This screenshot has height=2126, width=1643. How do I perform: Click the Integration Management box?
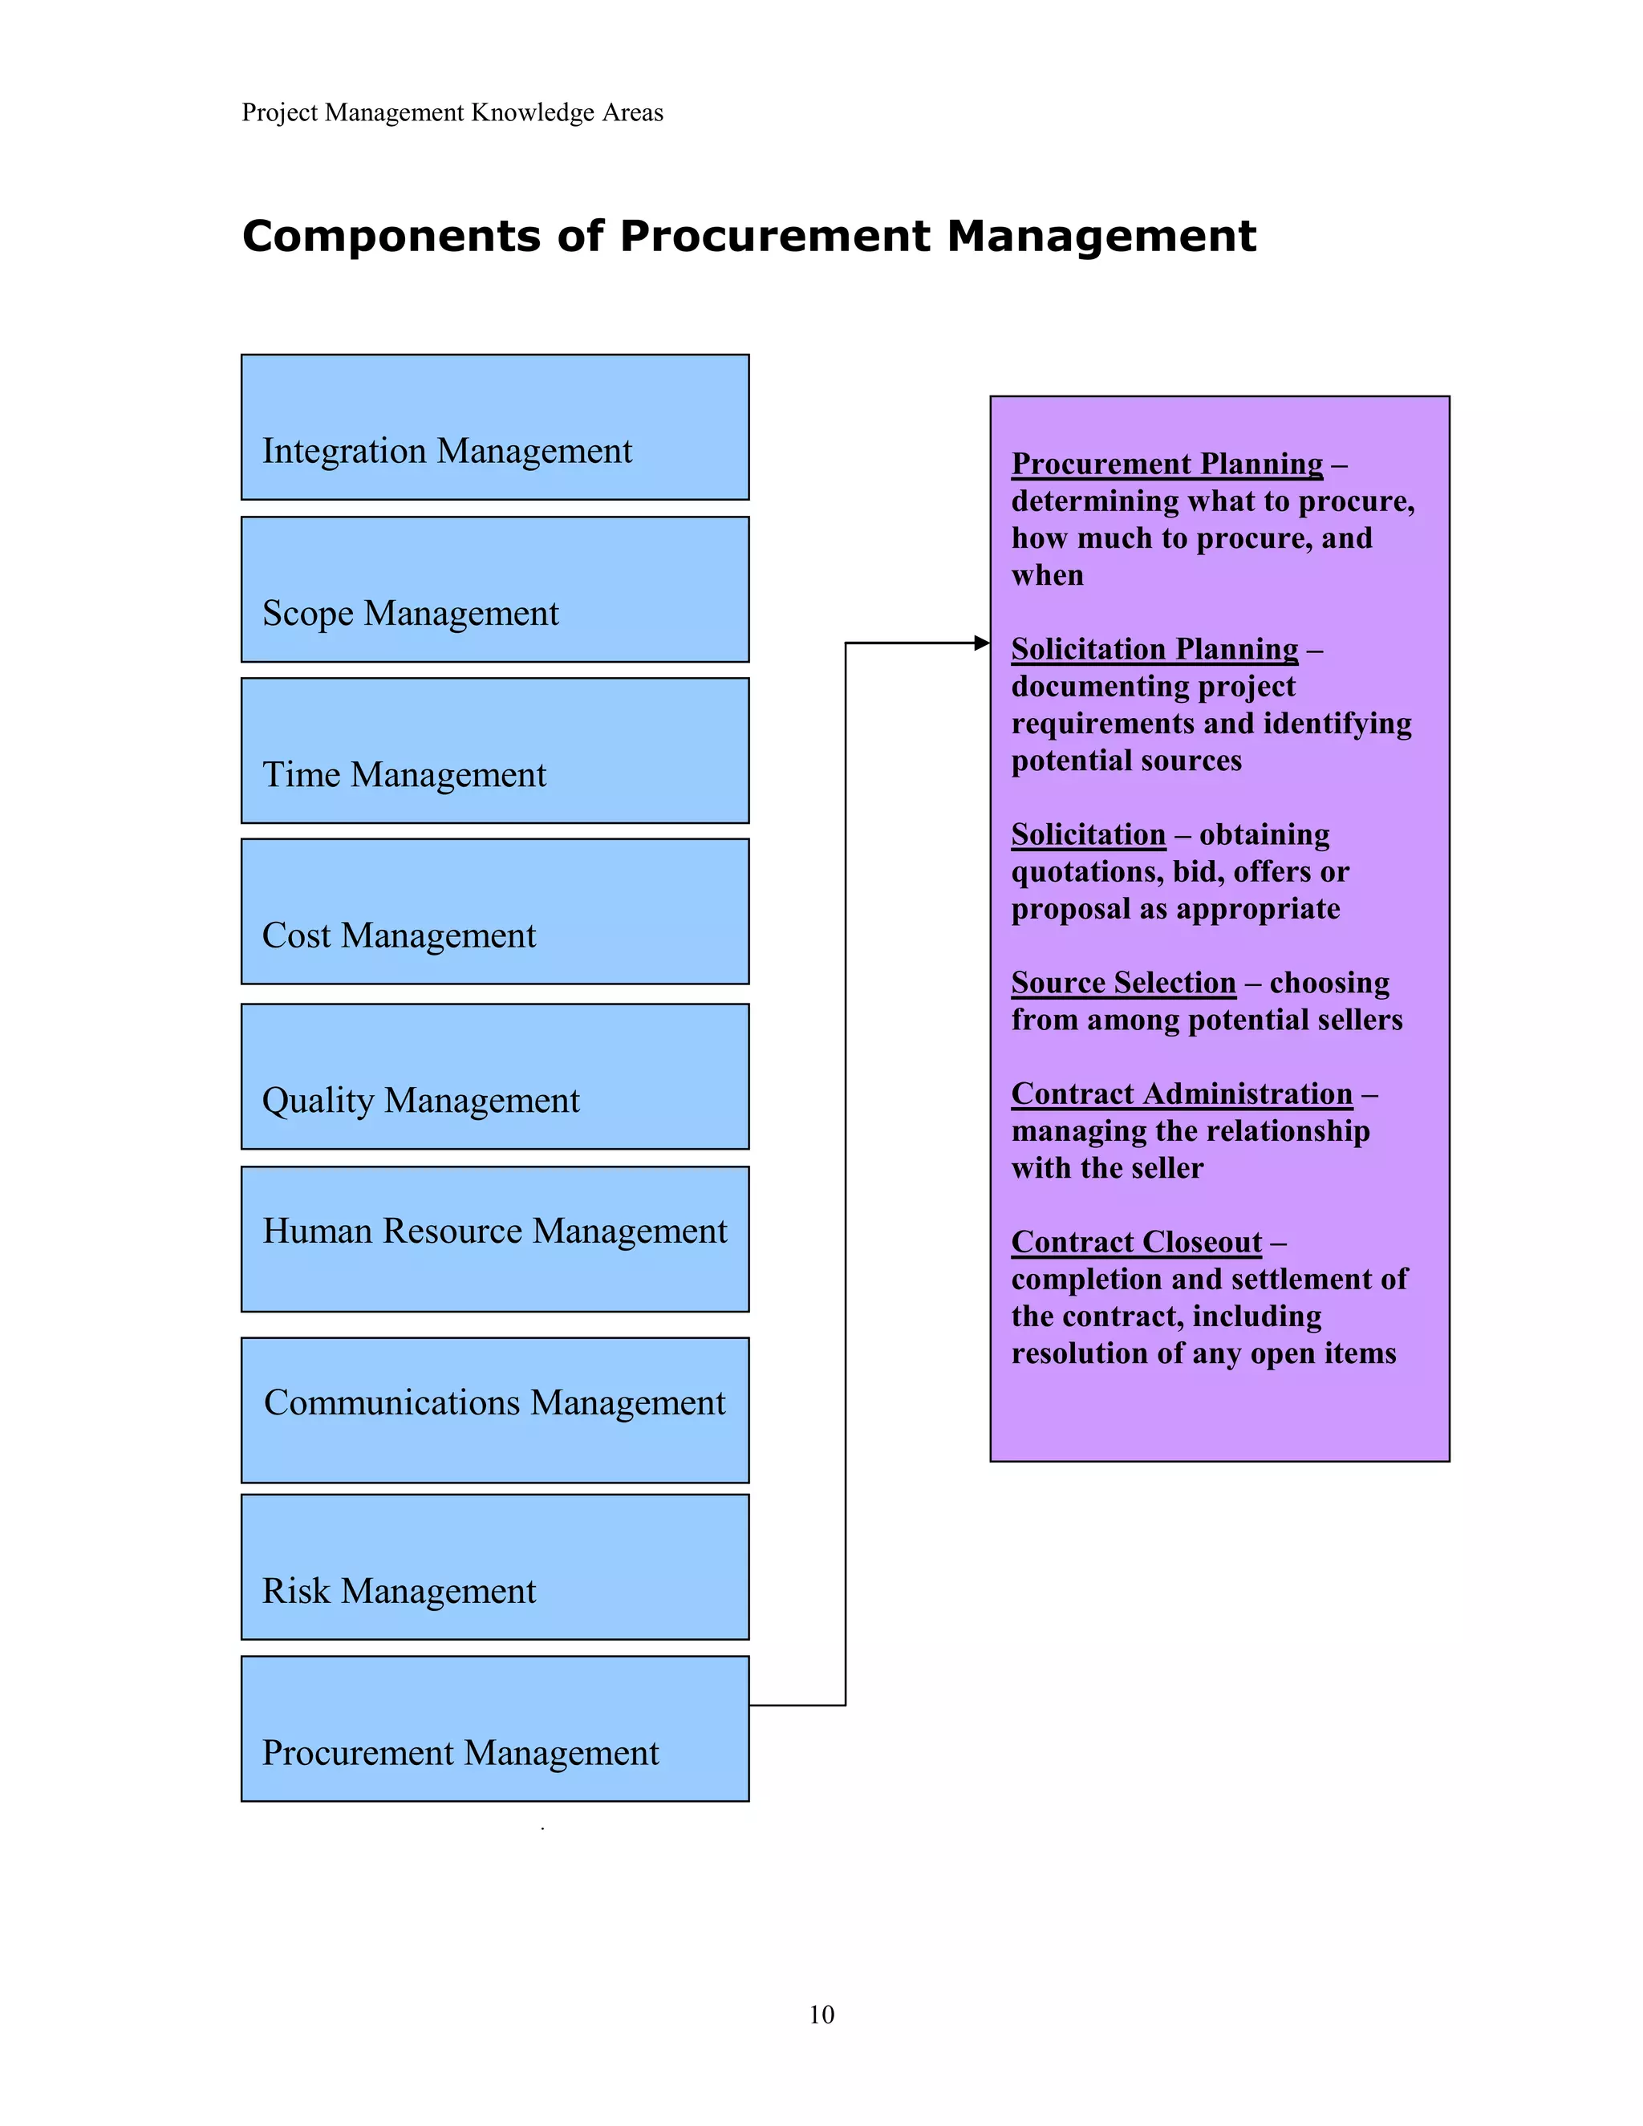coord(494,428)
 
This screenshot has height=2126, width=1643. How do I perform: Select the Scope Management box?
coord(494,589)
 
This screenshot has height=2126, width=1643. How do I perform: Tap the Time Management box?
coord(494,751)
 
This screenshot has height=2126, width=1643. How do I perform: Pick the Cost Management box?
coord(494,911)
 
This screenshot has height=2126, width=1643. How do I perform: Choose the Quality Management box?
coord(494,1077)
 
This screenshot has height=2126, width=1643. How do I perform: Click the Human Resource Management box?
coord(494,1239)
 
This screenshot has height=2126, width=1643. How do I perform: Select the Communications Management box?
coord(494,1410)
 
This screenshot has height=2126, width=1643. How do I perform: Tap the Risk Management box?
coord(494,1568)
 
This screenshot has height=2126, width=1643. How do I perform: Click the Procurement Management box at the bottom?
coord(494,1729)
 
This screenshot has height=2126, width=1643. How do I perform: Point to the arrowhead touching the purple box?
coord(982,643)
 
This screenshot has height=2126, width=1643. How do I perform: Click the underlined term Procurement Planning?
coord(1167,464)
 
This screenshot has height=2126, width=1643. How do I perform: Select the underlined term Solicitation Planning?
coord(1154,648)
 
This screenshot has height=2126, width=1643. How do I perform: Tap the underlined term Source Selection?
coord(1123,982)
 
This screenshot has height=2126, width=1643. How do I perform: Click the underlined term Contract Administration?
coord(1182,1093)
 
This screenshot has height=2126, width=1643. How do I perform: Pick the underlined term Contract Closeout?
coord(1136,1242)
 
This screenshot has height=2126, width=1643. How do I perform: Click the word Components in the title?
coord(391,237)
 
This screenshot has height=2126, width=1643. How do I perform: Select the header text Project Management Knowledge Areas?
coord(452,113)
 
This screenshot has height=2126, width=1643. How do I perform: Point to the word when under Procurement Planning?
coord(1047,575)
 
